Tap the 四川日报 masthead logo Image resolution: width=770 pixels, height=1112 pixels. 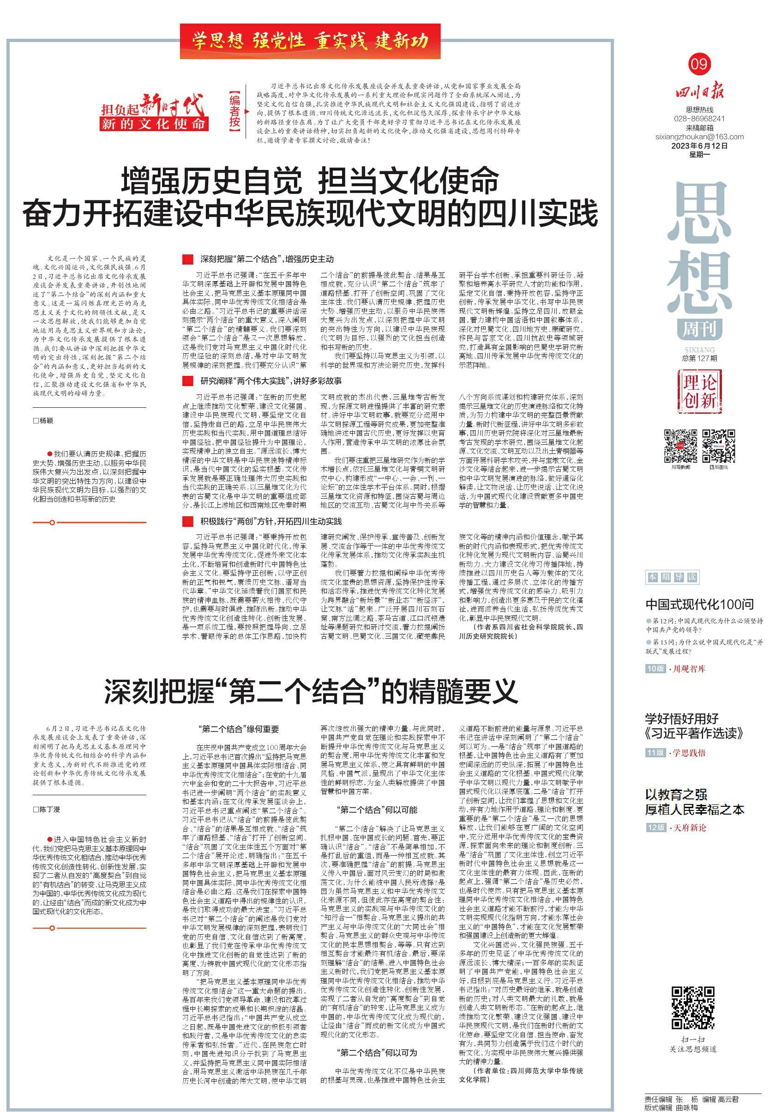[x=699, y=91]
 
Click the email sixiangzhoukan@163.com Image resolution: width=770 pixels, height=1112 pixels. [x=699, y=137]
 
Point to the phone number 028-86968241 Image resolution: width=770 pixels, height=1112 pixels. [x=699, y=119]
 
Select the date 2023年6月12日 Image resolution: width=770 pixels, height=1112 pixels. [x=699, y=146]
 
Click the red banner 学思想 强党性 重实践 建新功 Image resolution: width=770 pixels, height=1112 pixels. [x=310, y=42]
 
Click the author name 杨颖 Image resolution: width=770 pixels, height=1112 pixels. [x=43, y=421]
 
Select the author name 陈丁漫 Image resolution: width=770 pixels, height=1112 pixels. [x=46, y=810]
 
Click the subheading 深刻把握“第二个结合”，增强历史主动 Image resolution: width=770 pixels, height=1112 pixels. [x=267, y=259]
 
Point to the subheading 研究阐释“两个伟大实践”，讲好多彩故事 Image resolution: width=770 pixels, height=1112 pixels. [x=271, y=381]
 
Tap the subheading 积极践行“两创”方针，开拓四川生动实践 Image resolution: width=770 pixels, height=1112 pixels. [x=271, y=521]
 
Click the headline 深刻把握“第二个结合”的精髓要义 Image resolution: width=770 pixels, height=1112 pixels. [x=311, y=692]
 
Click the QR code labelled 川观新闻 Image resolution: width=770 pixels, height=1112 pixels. [x=680, y=446]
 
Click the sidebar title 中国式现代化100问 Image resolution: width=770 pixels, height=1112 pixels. [x=699, y=604]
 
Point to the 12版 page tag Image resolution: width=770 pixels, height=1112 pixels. [x=656, y=828]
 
